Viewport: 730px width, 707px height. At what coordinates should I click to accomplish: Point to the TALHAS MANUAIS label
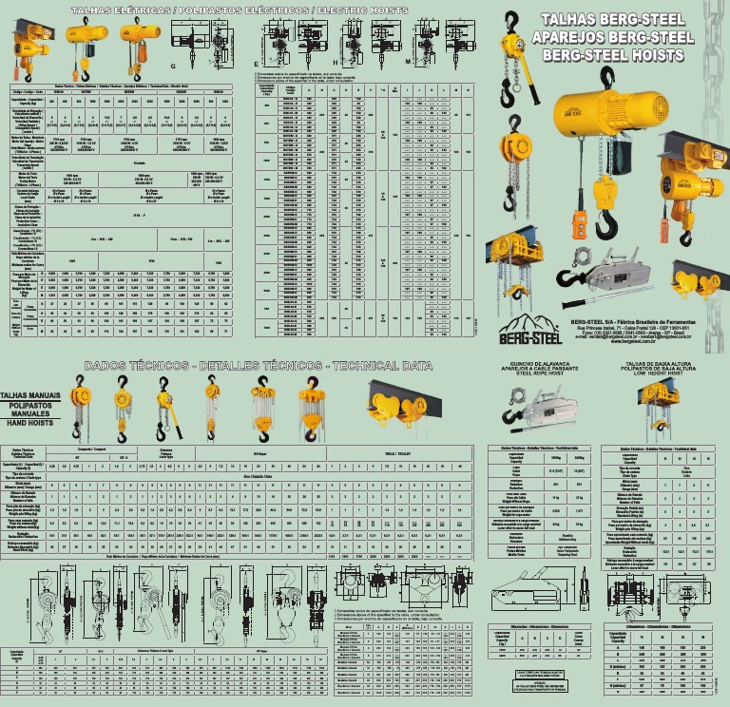(x=29, y=392)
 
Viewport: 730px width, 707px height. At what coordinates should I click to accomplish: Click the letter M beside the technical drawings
(x=408, y=61)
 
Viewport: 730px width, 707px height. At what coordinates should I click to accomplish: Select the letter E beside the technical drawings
(x=256, y=62)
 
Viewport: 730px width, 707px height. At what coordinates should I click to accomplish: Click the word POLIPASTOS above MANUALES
(x=29, y=404)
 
